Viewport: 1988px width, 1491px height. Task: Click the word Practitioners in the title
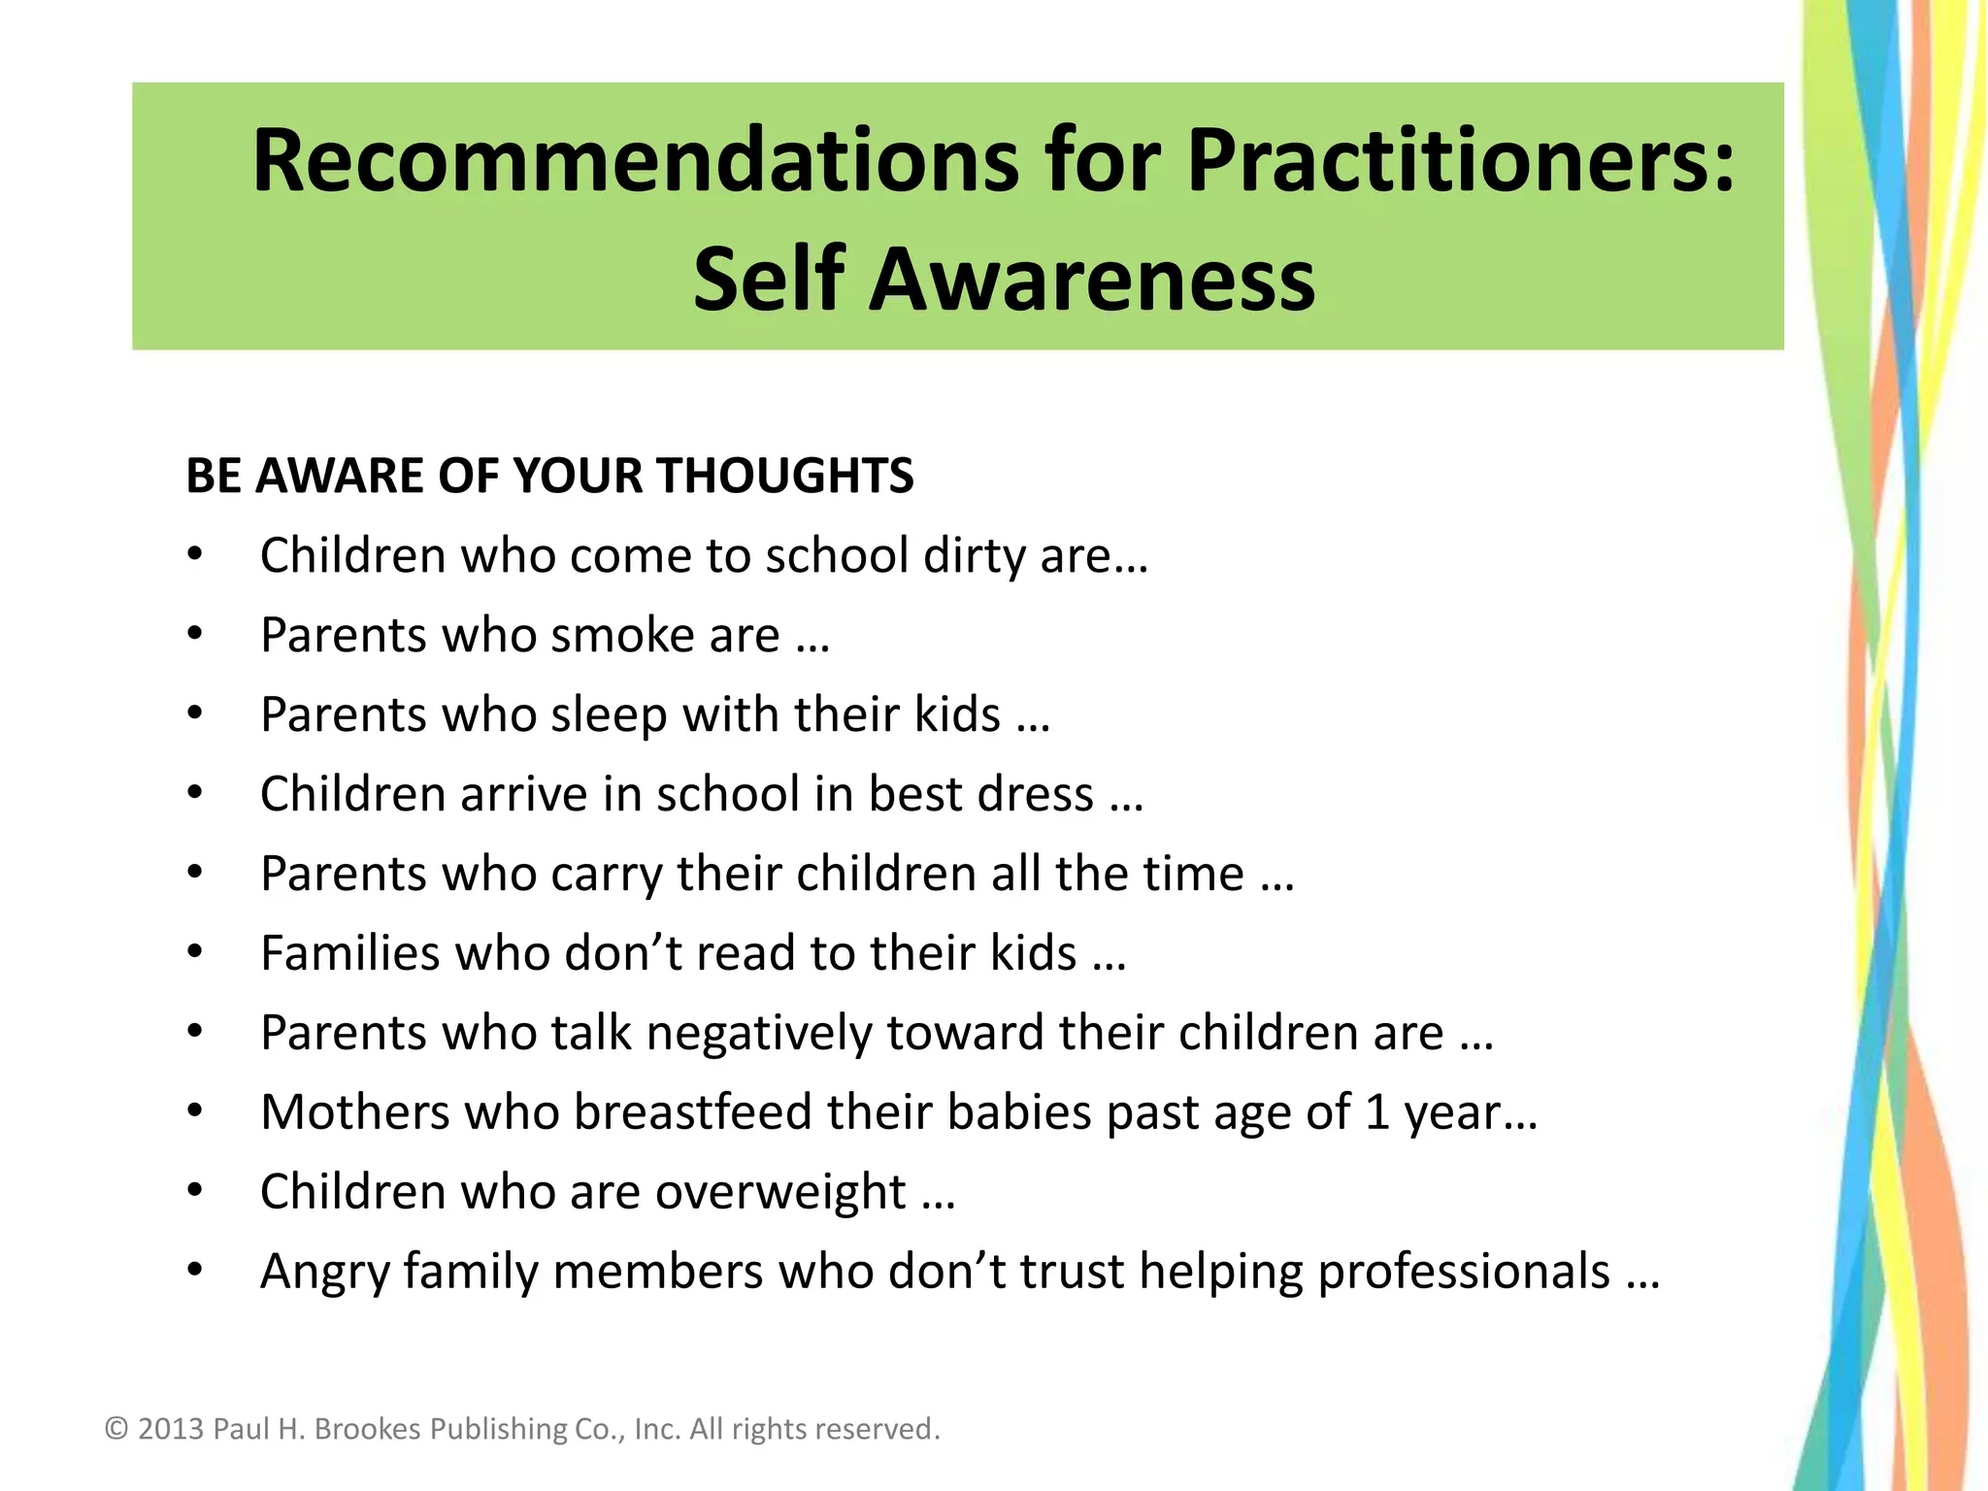coord(1460,161)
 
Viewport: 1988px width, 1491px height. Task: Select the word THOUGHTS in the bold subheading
coord(784,476)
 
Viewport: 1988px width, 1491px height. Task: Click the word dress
coord(1036,794)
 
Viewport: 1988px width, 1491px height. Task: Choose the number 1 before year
coord(1377,1112)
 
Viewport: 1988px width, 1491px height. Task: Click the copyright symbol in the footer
coord(116,1429)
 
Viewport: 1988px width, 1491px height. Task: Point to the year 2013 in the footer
coord(171,1429)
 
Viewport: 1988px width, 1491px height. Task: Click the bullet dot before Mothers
coord(195,1110)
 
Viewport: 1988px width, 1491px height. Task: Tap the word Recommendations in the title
coord(636,161)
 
